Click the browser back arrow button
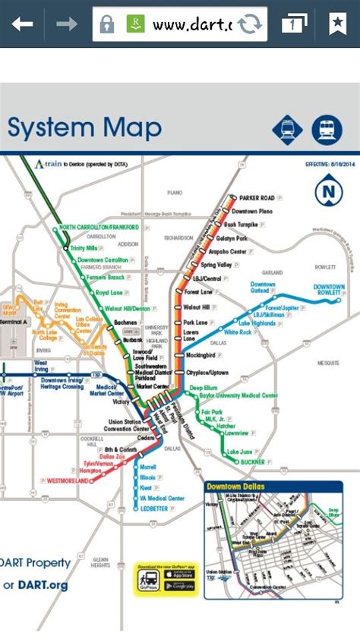pyautogui.click(x=22, y=24)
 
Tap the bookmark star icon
pyautogui.click(x=337, y=24)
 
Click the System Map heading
pyautogui.click(x=84, y=127)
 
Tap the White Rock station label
pyautogui.click(x=237, y=332)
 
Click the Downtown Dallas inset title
pyautogui.click(x=241, y=486)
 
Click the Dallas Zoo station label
pyautogui.click(x=93, y=455)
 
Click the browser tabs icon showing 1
pyautogui.click(x=293, y=24)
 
